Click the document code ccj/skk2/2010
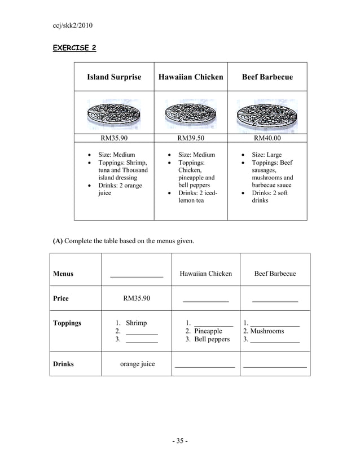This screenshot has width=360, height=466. coord(72,26)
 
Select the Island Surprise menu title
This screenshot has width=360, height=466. coord(114,77)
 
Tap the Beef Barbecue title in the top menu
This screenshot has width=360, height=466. coord(267,77)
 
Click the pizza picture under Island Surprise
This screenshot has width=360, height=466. coord(115,115)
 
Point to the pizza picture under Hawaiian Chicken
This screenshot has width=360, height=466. coord(191,115)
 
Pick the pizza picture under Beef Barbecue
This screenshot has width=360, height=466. coord(267,115)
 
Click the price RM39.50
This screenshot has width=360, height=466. coord(191,137)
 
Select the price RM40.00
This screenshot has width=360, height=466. coord(267,137)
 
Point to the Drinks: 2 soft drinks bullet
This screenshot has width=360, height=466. coord(269,197)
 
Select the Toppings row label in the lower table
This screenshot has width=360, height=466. coord(67,323)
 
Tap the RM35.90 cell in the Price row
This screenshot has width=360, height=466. coord(137,298)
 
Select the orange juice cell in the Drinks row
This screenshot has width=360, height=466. coord(137,364)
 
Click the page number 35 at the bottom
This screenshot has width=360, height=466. coord(179,441)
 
